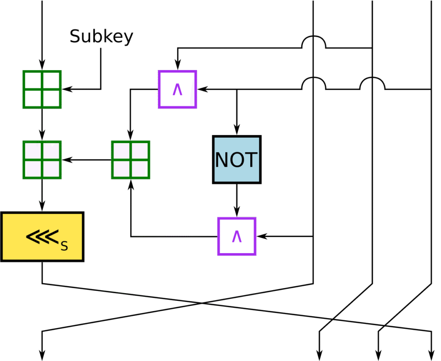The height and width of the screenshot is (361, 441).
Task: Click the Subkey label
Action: pos(101,37)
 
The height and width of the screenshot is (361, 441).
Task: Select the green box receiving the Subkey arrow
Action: pos(42,89)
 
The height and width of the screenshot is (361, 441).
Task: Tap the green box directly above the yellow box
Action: pos(42,159)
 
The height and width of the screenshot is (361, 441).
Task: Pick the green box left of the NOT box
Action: pos(130,159)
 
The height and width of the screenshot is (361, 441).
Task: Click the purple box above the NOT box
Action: pos(177,89)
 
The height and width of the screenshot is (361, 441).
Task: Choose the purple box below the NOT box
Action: pos(236,236)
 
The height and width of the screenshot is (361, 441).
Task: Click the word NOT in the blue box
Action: pos(236,160)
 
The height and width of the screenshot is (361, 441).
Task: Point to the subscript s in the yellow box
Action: pos(64,246)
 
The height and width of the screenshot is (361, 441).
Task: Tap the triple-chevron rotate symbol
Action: pos(42,236)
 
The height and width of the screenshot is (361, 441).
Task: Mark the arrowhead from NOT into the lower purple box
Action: pos(236,213)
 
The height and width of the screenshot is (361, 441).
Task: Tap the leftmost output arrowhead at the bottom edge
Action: pos(42,356)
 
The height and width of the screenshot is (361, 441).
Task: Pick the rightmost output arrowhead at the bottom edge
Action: pos(431,356)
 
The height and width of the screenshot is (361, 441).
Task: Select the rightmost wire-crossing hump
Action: pos(372,83)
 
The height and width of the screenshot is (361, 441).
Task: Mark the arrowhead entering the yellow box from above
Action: pos(42,208)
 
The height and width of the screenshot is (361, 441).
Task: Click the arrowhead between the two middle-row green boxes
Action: pos(67,160)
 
